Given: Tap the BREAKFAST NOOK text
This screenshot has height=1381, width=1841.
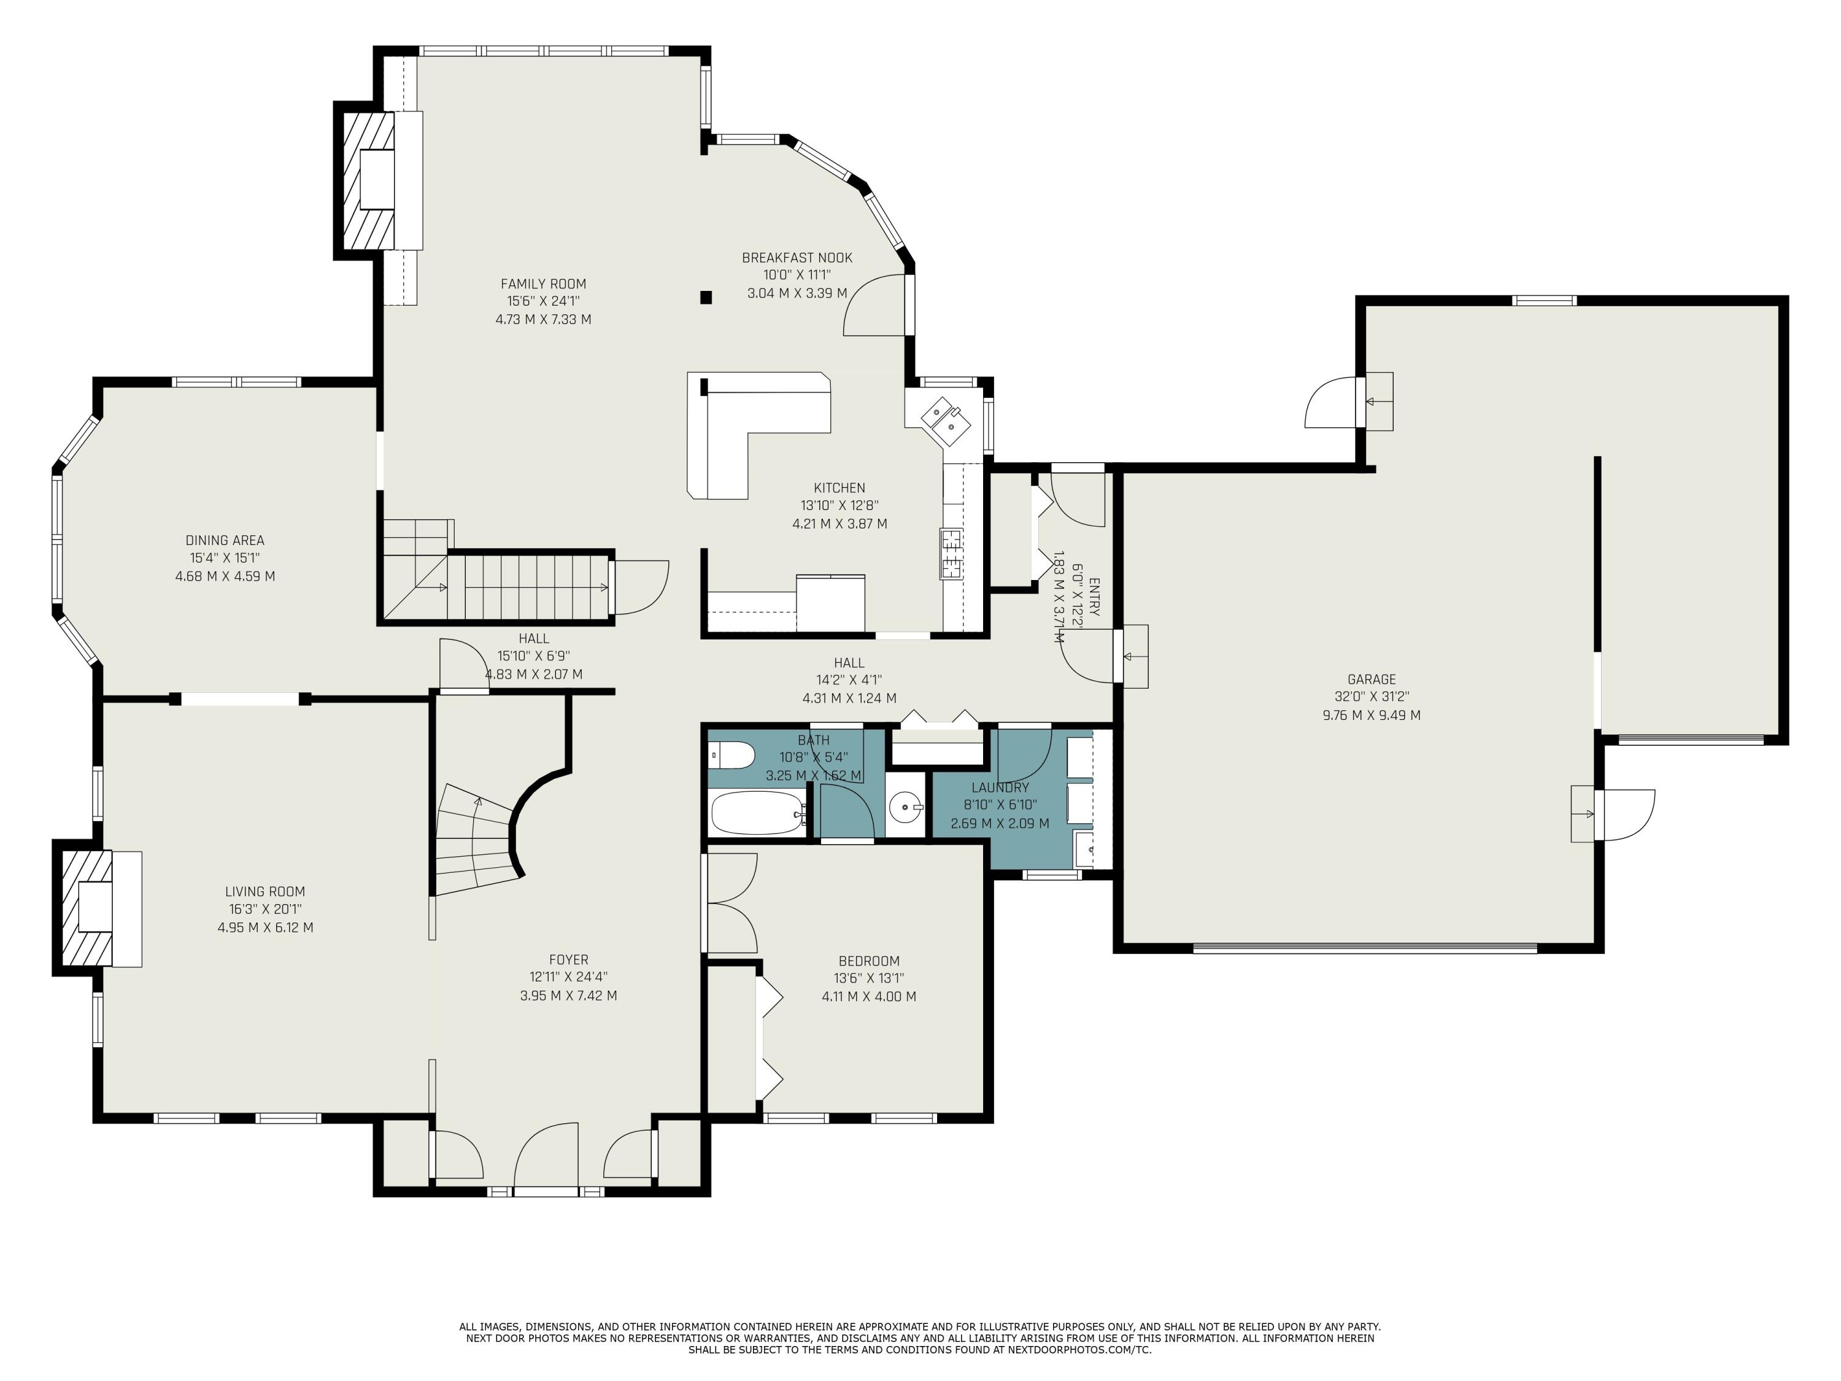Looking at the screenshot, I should pyautogui.click(x=797, y=258).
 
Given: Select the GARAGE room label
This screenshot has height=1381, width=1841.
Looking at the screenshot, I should pyautogui.click(x=1371, y=679).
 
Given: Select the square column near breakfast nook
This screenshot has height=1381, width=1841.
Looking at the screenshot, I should pyautogui.click(x=706, y=297).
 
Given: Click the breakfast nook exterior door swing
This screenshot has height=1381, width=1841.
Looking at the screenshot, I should pyautogui.click(x=874, y=308).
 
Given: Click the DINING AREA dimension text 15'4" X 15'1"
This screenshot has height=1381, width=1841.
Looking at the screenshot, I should pyautogui.click(x=225, y=559).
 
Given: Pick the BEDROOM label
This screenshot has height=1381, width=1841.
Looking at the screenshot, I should pyautogui.click(x=868, y=961).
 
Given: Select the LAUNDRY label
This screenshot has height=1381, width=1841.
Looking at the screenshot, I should pyautogui.click(x=1000, y=787).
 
